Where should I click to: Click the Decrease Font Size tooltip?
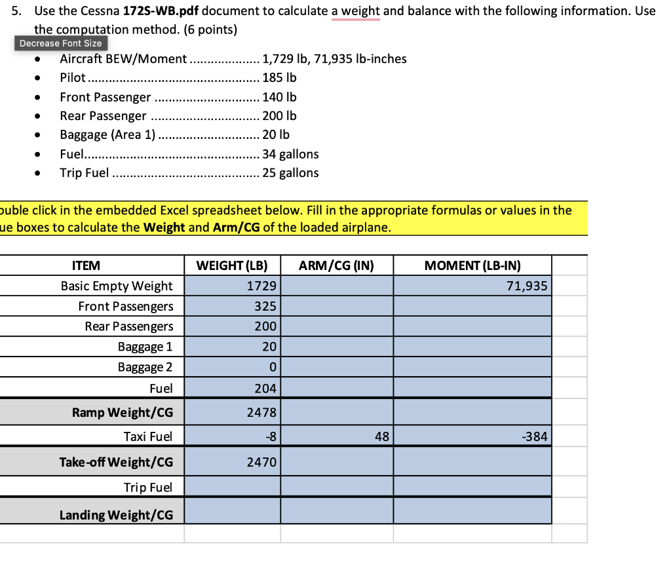click(60, 43)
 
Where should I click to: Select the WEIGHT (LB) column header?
click(232, 265)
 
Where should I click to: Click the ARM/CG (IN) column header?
click(336, 265)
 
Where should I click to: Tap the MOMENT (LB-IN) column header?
click(472, 265)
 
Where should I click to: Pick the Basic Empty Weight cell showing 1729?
click(232, 286)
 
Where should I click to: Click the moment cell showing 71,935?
click(472, 286)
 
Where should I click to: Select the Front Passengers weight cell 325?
click(232, 306)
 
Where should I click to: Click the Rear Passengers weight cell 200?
click(232, 326)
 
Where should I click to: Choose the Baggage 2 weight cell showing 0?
click(232, 367)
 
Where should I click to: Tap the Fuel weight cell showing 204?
click(232, 388)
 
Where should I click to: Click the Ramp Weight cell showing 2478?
click(232, 412)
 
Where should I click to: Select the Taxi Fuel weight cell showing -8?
click(232, 436)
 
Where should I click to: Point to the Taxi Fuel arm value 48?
click(336, 436)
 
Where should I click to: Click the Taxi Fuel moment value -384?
click(472, 436)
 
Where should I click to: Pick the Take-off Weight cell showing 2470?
click(232, 462)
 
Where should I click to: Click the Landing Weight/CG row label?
click(117, 514)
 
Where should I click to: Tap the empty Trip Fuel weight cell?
click(232, 487)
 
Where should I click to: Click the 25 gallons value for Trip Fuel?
click(290, 173)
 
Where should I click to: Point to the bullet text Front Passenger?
click(105, 97)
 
